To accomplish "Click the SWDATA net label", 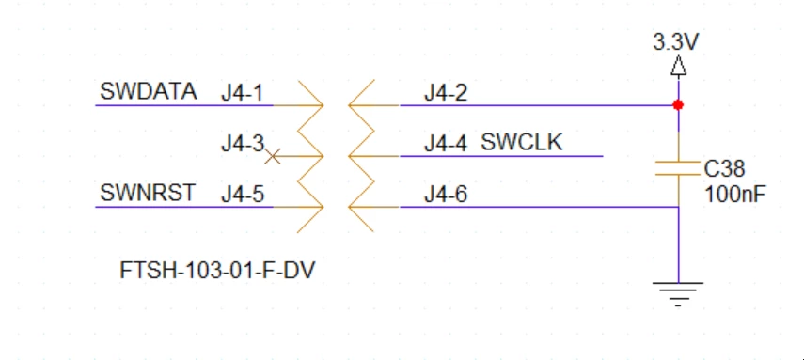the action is [x=149, y=91].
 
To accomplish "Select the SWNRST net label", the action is [x=148, y=193].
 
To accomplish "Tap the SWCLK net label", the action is [x=522, y=142].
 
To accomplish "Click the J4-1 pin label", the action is [x=242, y=93].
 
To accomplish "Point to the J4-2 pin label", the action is [x=446, y=93].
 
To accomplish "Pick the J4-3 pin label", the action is [x=243, y=143].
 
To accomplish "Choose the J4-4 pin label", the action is [x=446, y=143].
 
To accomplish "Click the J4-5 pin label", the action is [x=243, y=194].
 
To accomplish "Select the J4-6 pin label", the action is [x=446, y=194].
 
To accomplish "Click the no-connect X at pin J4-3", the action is [x=273, y=156].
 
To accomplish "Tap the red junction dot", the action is [x=678, y=105].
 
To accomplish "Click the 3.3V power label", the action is [x=676, y=42].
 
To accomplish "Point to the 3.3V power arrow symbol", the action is [x=678, y=66].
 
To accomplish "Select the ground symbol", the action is [x=678, y=294].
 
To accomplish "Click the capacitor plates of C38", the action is [x=678, y=168].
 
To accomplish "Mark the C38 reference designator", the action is [x=724, y=168].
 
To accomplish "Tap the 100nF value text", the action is [x=734, y=195].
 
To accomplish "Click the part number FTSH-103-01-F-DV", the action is [x=217, y=271].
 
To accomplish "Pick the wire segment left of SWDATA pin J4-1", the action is [x=184, y=105].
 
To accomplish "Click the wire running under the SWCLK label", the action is [x=501, y=156].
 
